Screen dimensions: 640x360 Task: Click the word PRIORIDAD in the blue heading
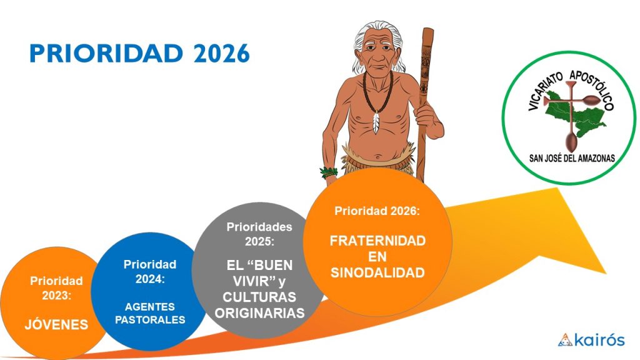(x=106, y=54)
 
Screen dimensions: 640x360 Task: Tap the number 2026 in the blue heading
(x=221, y=54)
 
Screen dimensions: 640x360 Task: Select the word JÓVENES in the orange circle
(x=56, y=324)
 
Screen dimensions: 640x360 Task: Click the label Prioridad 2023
(x=56, y=288)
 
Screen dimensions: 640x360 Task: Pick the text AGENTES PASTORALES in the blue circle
(x=150, y=313)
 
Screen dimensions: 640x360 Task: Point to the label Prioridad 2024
(x=150, y=271)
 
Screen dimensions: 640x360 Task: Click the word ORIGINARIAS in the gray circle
(x=259, y=313)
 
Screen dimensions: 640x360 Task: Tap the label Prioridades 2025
(x=259, y=234)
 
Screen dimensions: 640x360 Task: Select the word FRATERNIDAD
(x=377, y=241)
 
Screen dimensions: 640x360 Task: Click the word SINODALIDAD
(x=377, y=272)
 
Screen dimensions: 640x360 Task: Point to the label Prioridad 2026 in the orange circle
(x=377, y=211)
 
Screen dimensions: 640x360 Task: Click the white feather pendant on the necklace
(x=376, y=122)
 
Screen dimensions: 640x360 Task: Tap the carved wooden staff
(x=424, y=102)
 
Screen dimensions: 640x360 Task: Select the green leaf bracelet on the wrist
(x=329, y=172)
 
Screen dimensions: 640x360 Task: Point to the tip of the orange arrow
(x=606, y=272)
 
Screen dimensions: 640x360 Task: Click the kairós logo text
(x=599, y=340)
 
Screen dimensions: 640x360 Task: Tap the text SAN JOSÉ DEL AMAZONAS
(x=572, y=158)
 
